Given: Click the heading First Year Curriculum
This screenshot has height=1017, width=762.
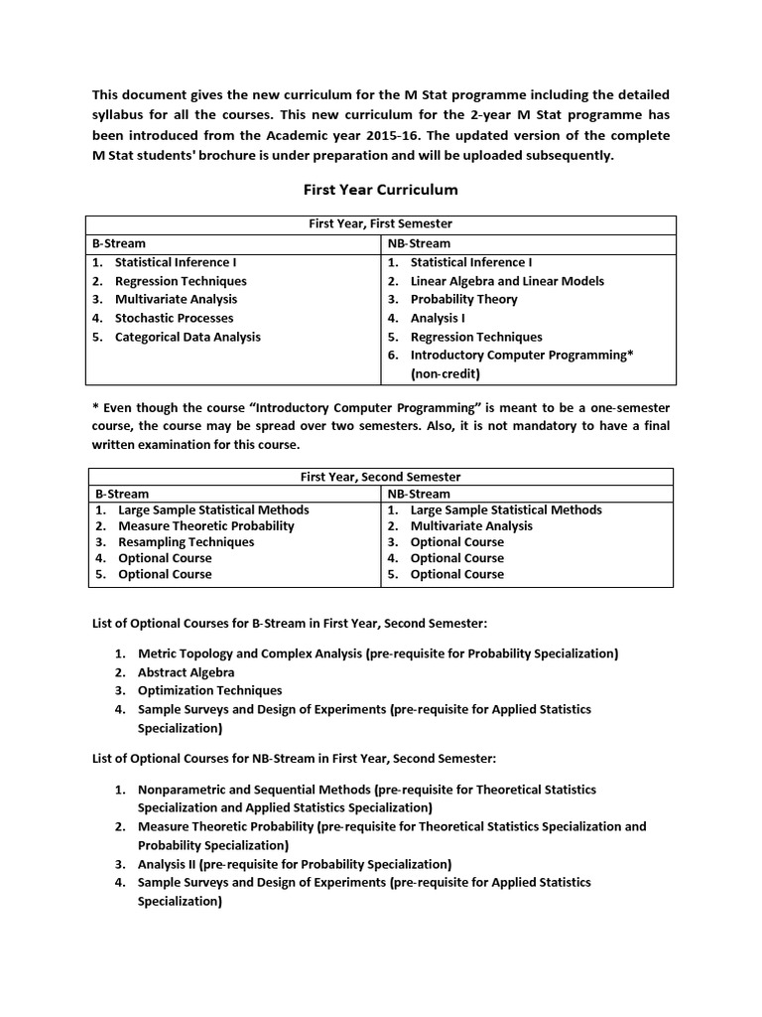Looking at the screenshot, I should coord(380,189).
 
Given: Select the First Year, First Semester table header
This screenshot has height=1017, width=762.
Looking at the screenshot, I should coord(381,224).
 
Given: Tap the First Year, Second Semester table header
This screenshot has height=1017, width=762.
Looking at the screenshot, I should coord(382,477).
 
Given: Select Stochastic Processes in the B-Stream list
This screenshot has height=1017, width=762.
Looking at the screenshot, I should coord(174,318).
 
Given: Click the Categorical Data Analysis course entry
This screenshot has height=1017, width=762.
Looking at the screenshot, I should coord(188,337).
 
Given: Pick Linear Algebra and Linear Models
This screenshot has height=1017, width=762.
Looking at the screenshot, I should coord(507,281).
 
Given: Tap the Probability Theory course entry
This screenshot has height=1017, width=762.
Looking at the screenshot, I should coord(463,299).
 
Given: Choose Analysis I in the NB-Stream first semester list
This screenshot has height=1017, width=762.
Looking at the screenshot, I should coord(438,318).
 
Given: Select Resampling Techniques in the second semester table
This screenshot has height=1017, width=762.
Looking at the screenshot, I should coord(186,542).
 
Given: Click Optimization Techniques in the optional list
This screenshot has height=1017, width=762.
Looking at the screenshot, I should coord(209,690).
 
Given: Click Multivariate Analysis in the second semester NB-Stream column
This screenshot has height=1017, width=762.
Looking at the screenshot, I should coord(471,526).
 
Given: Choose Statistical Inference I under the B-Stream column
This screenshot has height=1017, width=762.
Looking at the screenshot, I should coord(176,262).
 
